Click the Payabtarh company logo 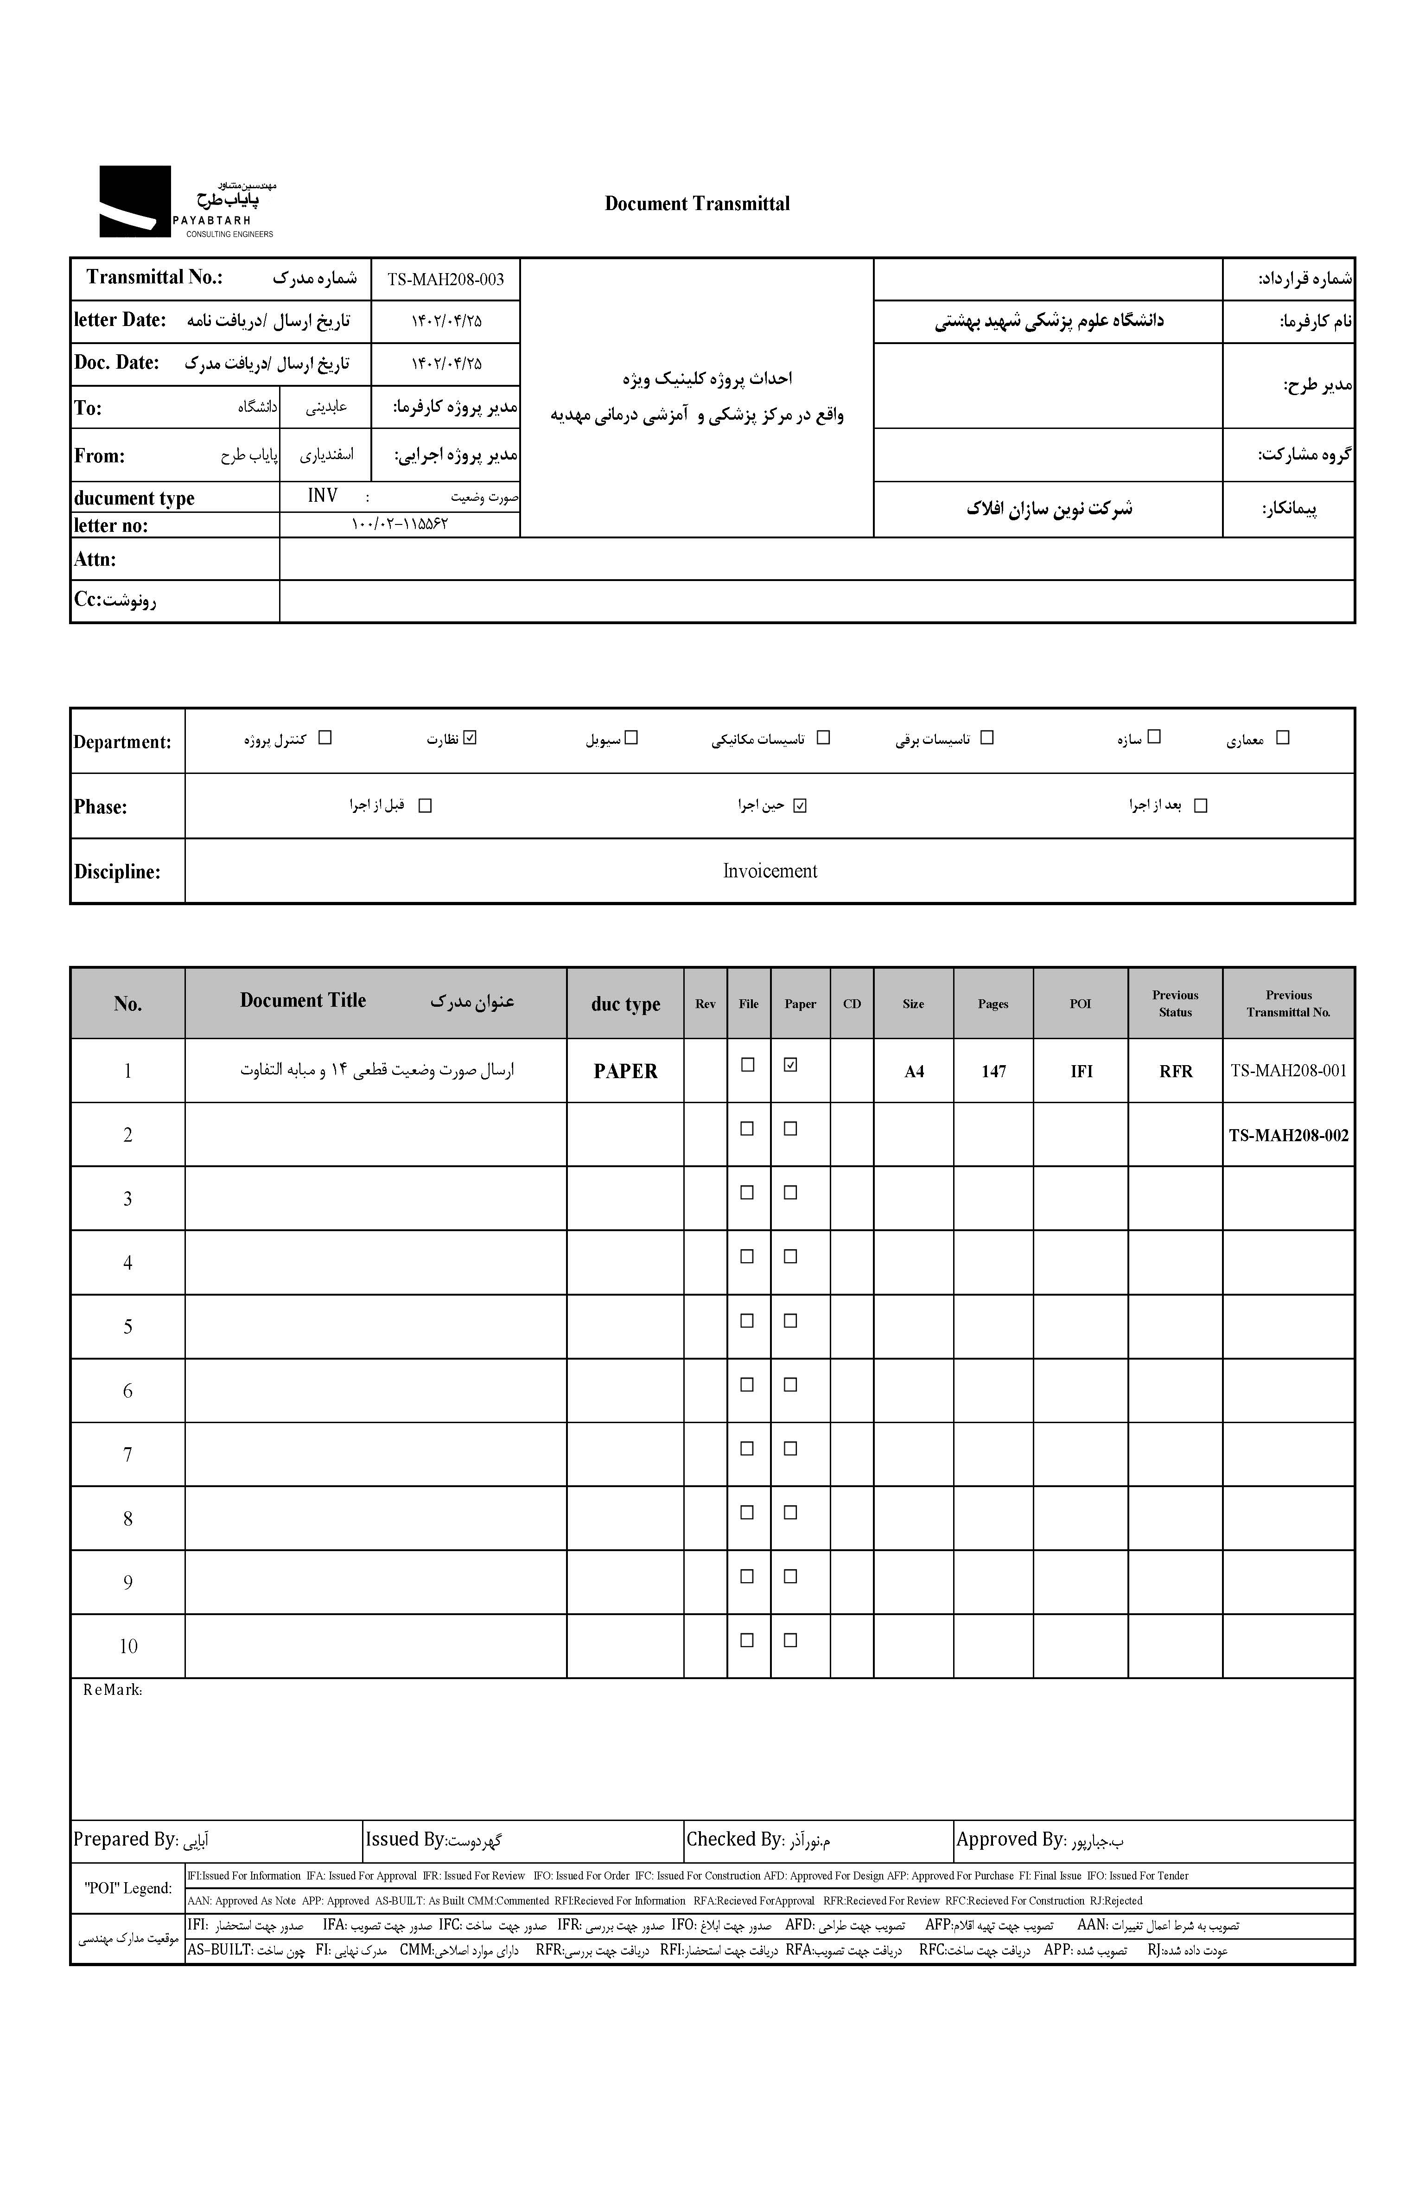[135, 202]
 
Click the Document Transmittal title [697, 204]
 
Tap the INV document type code [323, 496]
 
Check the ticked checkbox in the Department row [471, 737]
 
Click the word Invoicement [770, 871]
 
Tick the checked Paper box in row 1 [789, 1064]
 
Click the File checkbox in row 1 [747, 1064]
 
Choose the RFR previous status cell [1175, 1071]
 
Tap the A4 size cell [913, 1071]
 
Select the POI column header [1080, 1003]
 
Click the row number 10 [128, 1646]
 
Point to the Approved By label [1010, 1840]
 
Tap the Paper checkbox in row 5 [789, 1321]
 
